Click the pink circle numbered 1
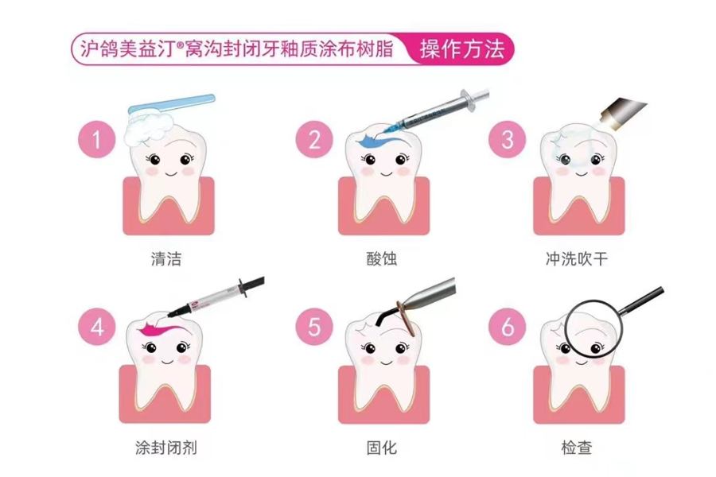pos(97,139)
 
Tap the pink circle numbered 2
pos(314,139)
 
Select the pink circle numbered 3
pos(508,139)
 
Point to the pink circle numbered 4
pos(97,328)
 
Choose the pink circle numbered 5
pos(314,328)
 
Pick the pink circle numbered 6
pos(508,328)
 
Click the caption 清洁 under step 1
pos(166,259)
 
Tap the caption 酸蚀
pos(382,259)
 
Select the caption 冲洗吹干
pos(577,259)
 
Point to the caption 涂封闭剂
pos(166,448)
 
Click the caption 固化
pos(382,448)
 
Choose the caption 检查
pos(577,448)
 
